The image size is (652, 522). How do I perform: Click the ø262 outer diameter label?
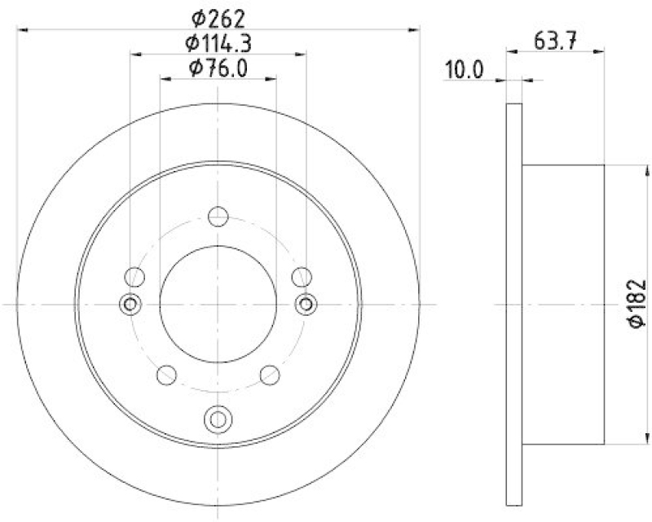(218, 17)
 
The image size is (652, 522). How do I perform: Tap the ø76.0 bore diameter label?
(218, 68)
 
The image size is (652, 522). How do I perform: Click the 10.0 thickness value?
(465, 70)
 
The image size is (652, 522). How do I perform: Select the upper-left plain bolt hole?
(134, 276)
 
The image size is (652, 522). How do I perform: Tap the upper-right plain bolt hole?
(302, 276)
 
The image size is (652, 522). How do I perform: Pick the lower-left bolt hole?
(166, 375)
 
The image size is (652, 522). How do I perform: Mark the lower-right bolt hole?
(270, 375)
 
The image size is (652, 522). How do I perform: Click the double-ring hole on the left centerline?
(130, 304)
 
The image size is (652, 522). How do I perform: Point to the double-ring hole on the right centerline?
(306, 304)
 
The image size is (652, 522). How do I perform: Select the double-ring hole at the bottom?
(218, 419)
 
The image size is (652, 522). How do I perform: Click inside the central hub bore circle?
(218, 304)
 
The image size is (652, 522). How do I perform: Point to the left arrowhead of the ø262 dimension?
(23, 29)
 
